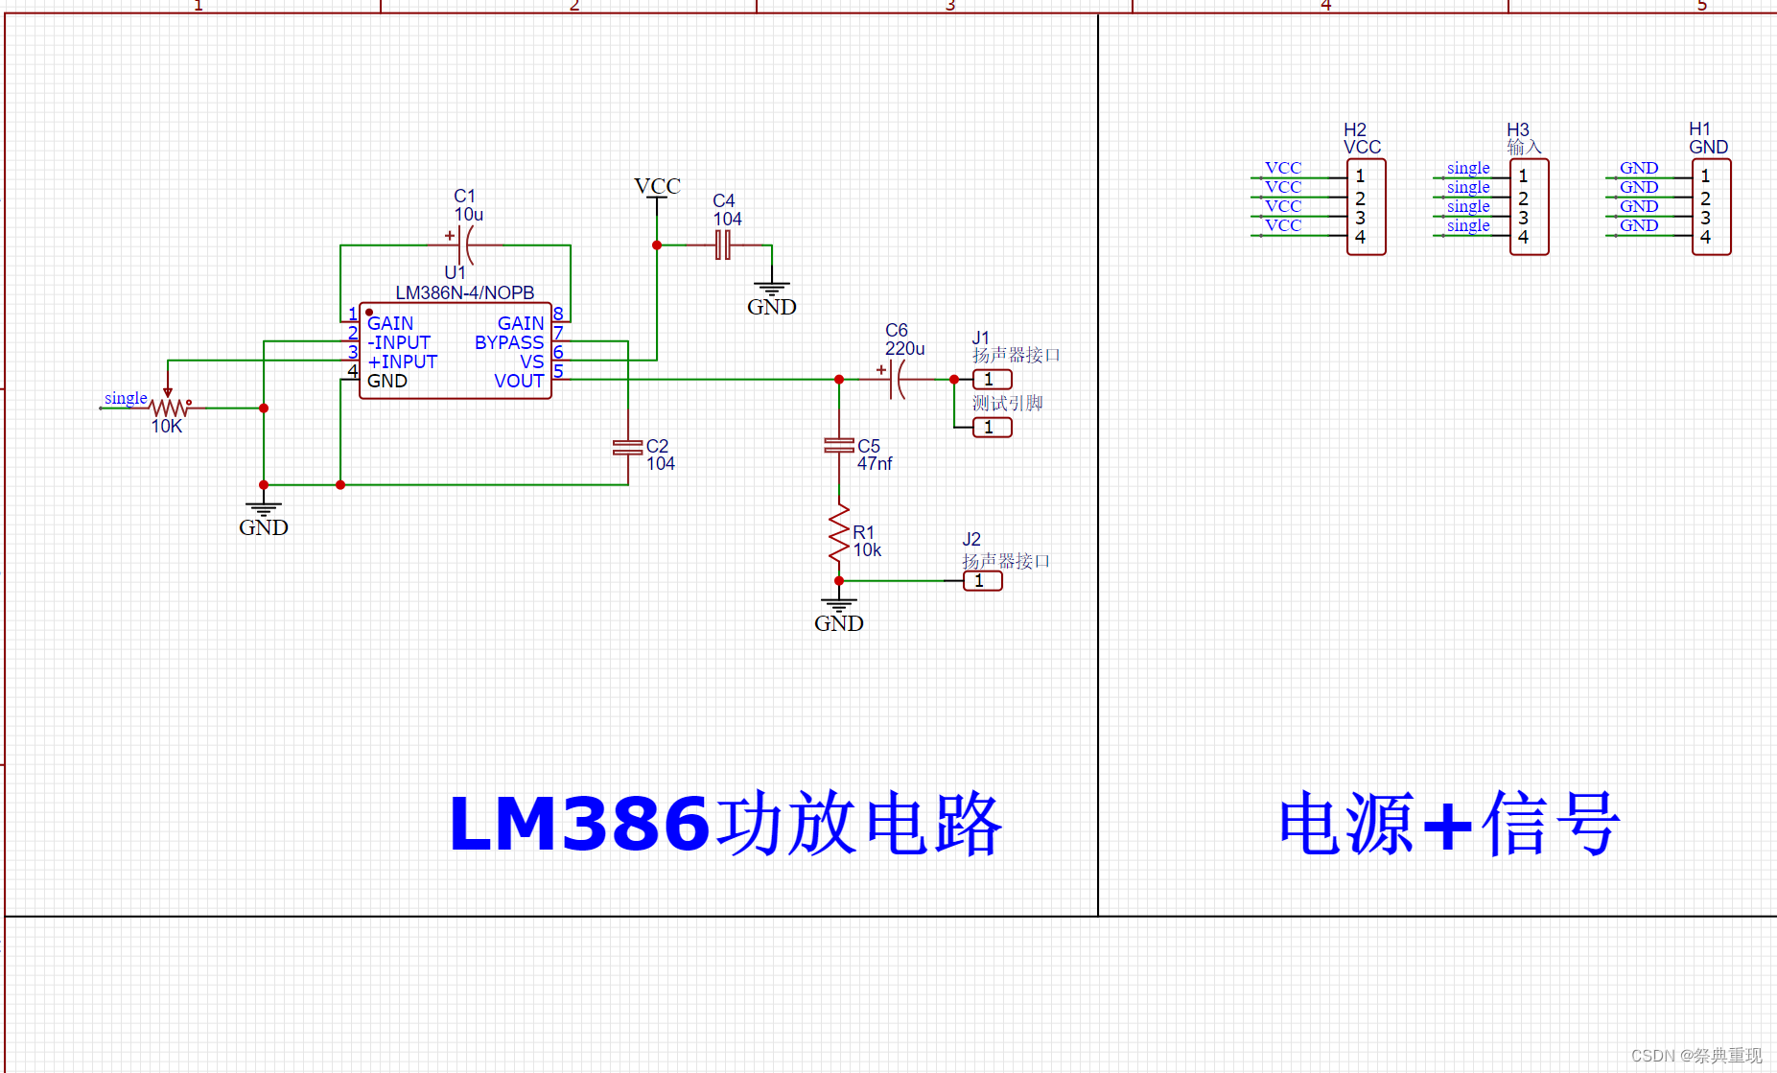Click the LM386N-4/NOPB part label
click(464, 292)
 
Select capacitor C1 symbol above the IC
click(464, 245)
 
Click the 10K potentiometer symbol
click(169, 407)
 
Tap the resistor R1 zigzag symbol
click(839, 534)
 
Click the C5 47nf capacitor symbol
click(839, 446)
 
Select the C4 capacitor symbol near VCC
click(723, 245)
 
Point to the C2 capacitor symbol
click(627, 447)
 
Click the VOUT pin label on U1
click(519, 381)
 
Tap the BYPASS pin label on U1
click(509, 342)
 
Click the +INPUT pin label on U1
click(403, 362)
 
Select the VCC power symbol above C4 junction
click(657, 187)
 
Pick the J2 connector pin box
click(983, 581)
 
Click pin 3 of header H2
click(1360, 218)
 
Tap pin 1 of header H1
click(1705, 176)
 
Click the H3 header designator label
click(1518, 129)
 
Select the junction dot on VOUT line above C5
click(839, 380)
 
